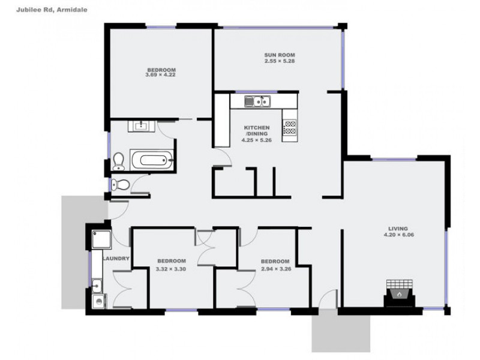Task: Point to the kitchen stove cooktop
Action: point(290,127)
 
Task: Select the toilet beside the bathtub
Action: point(118,161)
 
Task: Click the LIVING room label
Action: point(398,229)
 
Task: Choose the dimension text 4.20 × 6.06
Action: point(398,235)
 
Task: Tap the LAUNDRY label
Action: point(116,259)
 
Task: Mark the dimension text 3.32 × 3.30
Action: point(171,269)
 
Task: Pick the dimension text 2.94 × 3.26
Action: point(275,269)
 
